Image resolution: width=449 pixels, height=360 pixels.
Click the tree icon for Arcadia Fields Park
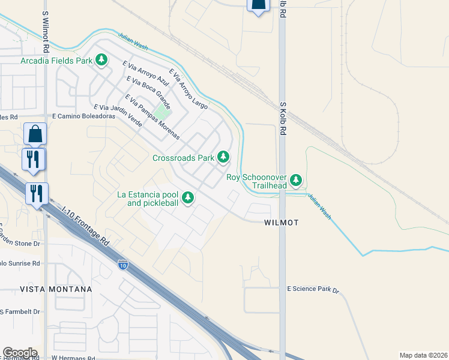point(102,60)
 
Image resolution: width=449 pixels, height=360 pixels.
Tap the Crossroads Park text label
point(183,158)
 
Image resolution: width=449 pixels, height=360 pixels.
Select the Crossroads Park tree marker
point(223,157)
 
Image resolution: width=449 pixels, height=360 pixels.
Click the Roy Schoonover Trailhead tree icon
point(295,179)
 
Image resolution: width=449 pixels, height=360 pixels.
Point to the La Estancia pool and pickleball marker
point(188,197)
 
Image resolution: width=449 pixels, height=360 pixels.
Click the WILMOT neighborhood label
point(282,223)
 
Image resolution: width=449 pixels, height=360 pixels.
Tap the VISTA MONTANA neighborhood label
point(64,289)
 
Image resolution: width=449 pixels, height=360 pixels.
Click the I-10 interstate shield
point(122,264)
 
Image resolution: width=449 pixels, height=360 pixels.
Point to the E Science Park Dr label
point(313,289)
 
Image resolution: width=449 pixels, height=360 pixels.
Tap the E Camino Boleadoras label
point(83,116)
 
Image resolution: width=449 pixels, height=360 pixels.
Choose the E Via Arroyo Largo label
point(188,89)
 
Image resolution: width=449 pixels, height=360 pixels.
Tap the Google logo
point(20,353)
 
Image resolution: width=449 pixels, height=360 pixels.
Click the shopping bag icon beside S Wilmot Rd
point(35,134)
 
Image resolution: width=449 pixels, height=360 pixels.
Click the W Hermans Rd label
point(73,358)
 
